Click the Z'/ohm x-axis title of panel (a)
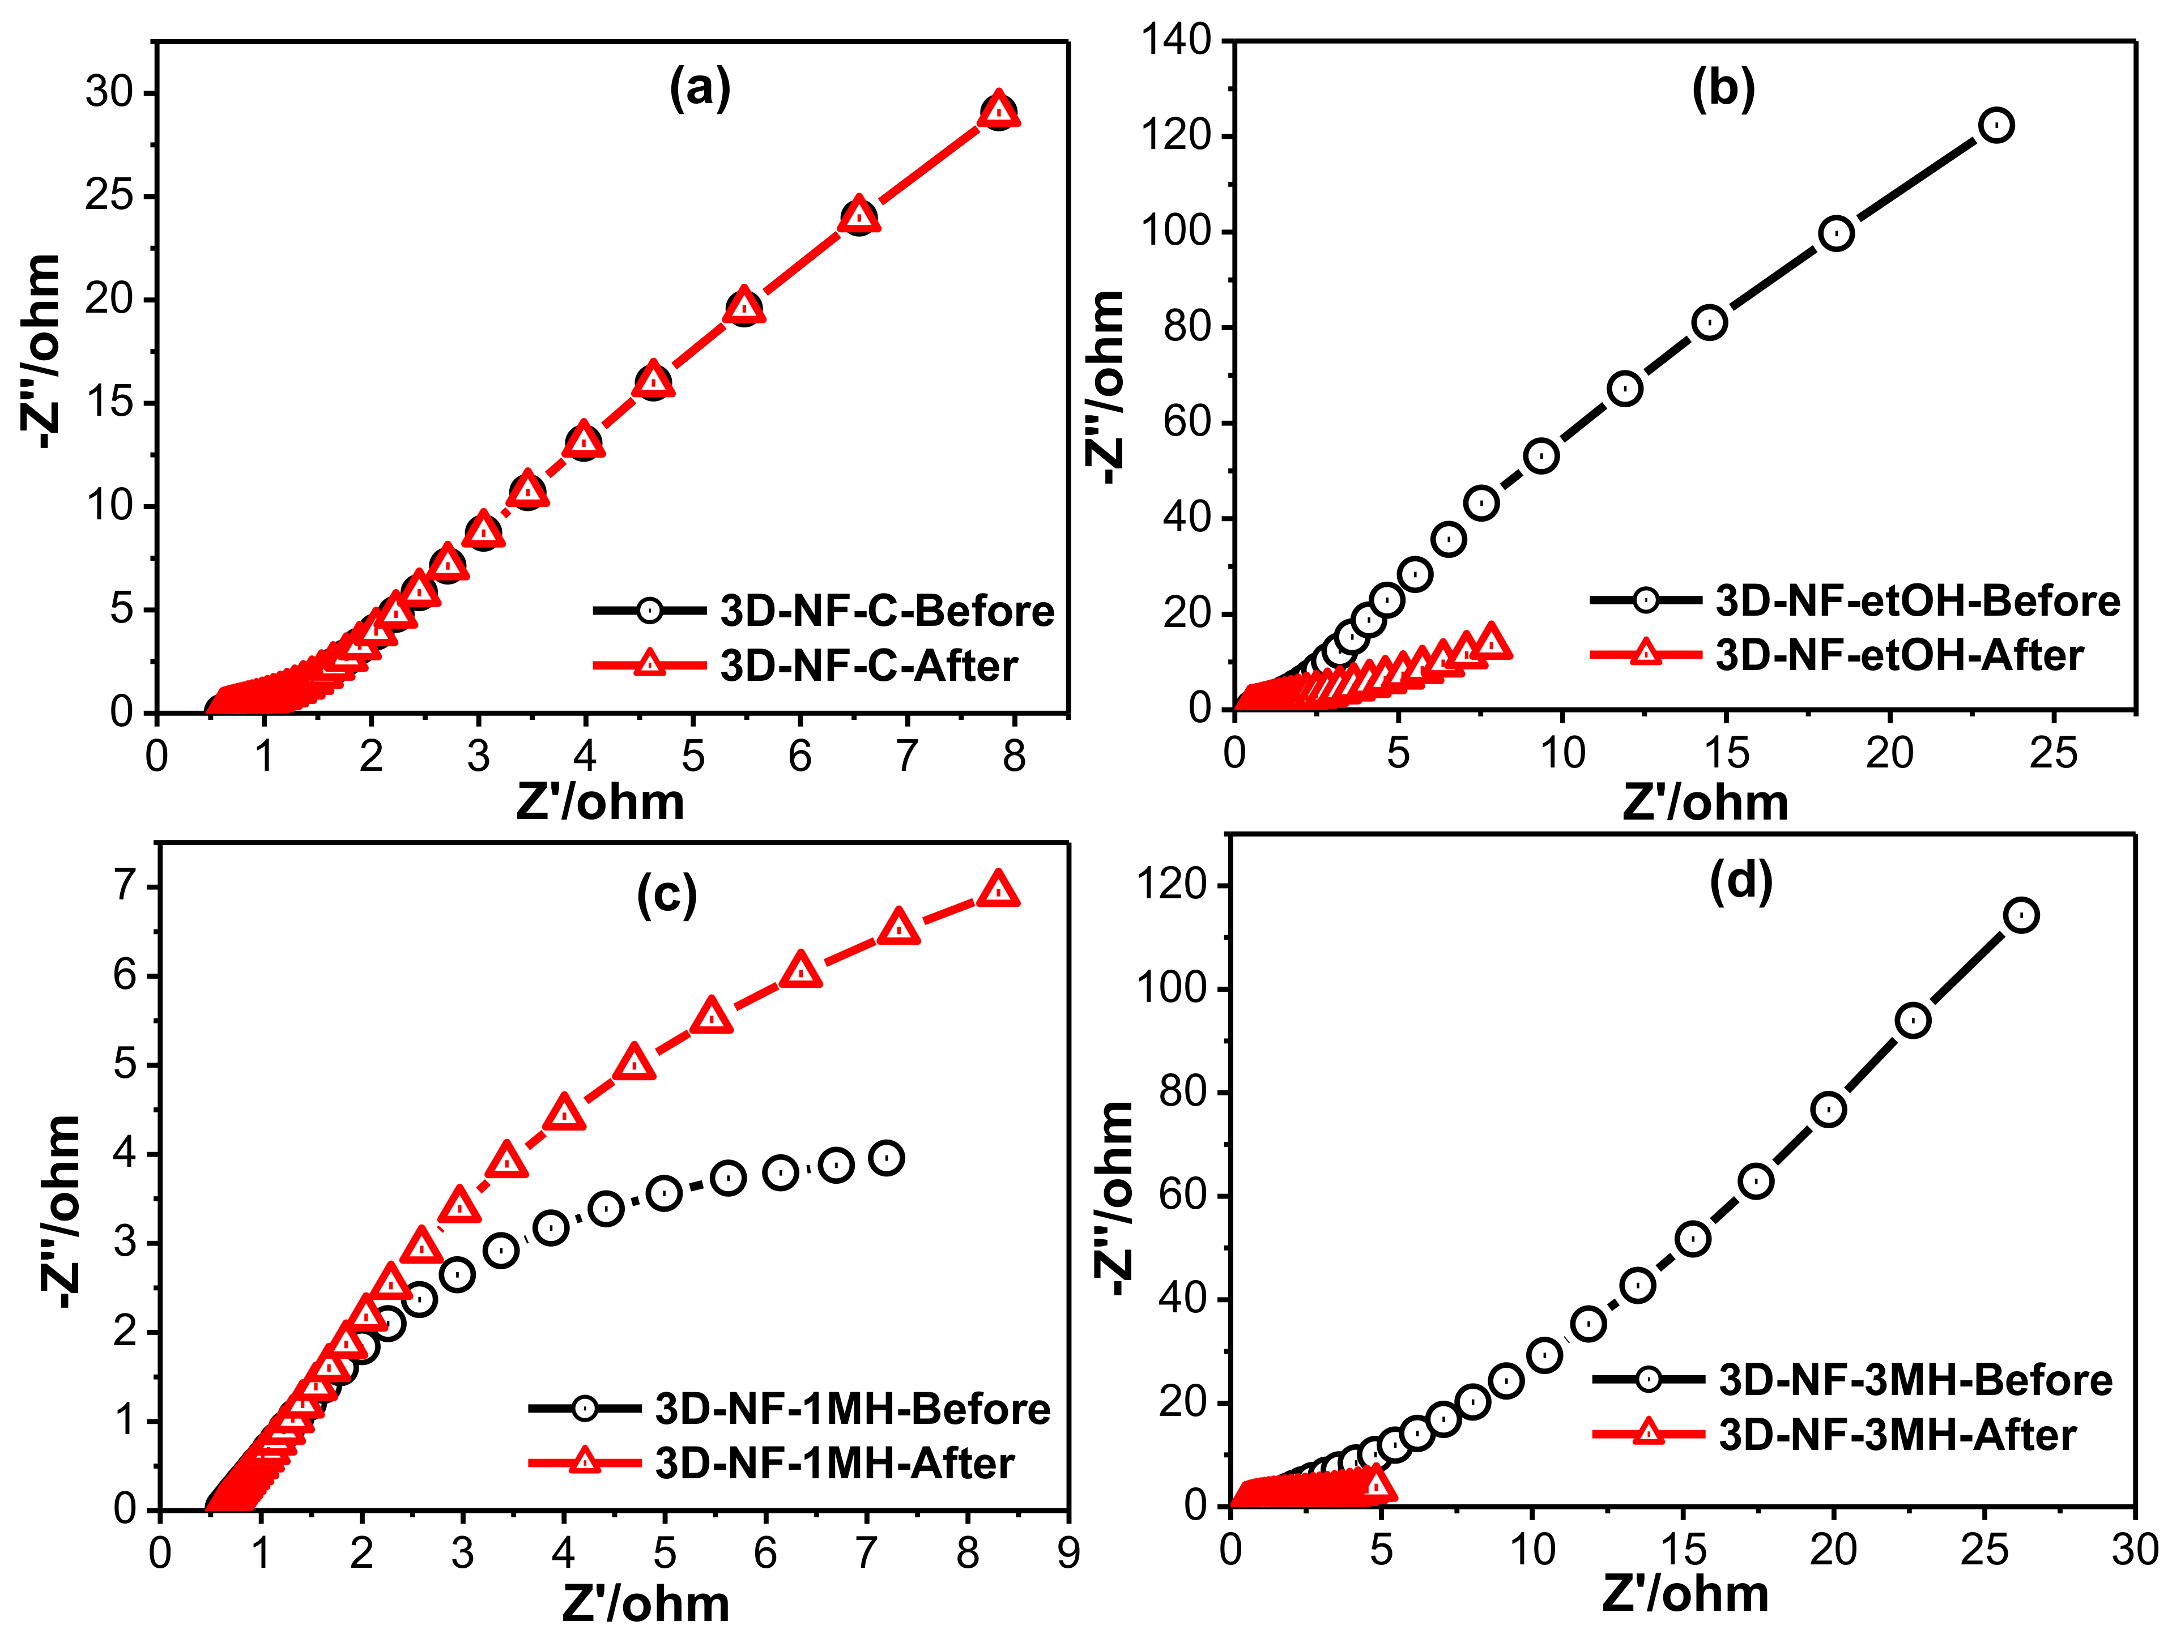click(600, 803)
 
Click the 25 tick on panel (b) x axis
click(2053, 754)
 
